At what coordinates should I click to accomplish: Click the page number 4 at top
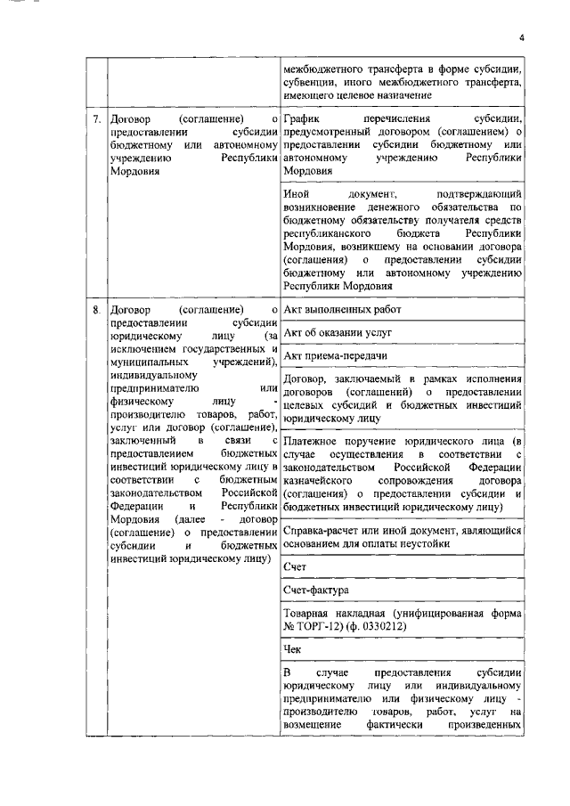523,37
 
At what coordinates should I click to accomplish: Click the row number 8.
95,309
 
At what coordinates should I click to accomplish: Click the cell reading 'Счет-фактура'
315,590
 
